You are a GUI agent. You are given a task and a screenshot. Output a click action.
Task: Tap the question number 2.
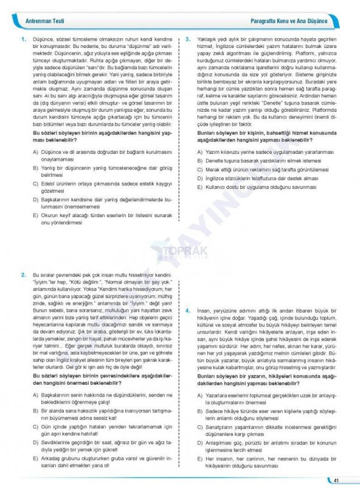click(23, 275)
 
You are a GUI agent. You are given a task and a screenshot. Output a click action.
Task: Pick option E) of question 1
click(35, 215)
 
